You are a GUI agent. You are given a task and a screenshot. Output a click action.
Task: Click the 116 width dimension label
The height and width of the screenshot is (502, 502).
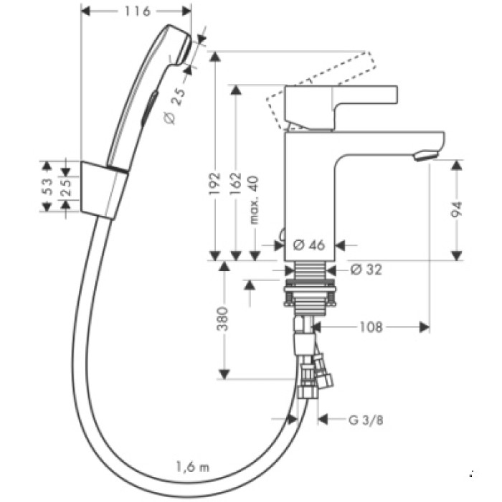coord(136,11)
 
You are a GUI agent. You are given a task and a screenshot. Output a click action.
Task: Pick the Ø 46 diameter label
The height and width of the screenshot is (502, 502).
coord(309,245)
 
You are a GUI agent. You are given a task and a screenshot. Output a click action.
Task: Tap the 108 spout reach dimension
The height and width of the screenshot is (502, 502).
coord(369,327)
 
